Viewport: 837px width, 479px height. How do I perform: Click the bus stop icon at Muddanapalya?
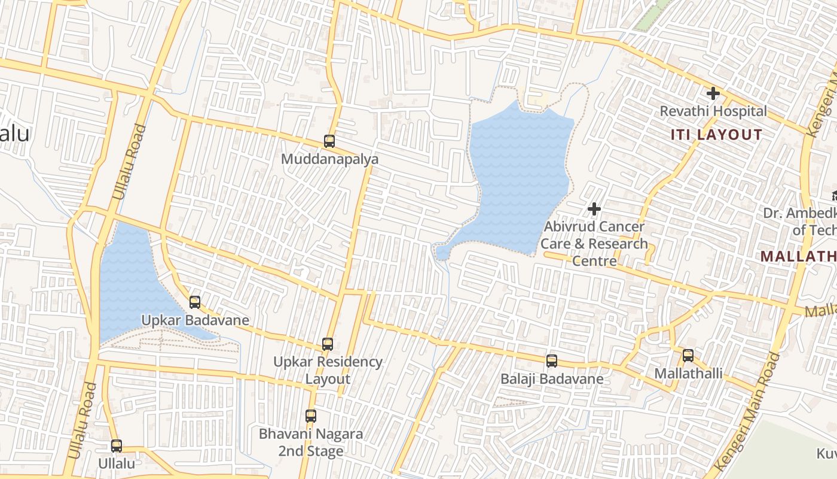point(329,141)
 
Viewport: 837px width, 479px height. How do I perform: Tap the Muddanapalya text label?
point(330,160)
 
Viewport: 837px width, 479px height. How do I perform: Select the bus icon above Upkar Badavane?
point(195,302)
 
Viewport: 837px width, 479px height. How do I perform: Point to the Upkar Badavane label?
point(195,320)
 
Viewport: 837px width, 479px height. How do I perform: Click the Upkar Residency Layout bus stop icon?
point(328,344)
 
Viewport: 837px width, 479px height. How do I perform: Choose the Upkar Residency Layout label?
point(328,371)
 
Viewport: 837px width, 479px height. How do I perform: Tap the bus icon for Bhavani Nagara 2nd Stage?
point(310,416)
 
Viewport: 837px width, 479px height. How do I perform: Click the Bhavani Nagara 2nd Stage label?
point(310,442)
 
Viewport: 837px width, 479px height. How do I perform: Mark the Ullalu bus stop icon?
point(117,446)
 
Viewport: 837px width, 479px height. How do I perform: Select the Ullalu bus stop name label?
point(117,463)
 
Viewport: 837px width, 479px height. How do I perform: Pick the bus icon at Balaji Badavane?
point(552,361)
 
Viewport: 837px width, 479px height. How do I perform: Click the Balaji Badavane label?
point(552,379)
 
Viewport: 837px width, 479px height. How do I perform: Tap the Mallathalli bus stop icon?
point(688,356)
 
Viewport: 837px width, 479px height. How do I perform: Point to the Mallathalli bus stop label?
point(688,374)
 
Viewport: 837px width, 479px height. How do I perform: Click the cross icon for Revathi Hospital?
point(713,93)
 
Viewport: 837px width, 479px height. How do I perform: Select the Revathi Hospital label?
point(713,111)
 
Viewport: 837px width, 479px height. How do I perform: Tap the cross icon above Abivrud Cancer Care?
point(594,209)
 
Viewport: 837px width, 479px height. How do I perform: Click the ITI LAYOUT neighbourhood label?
point(716,135)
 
